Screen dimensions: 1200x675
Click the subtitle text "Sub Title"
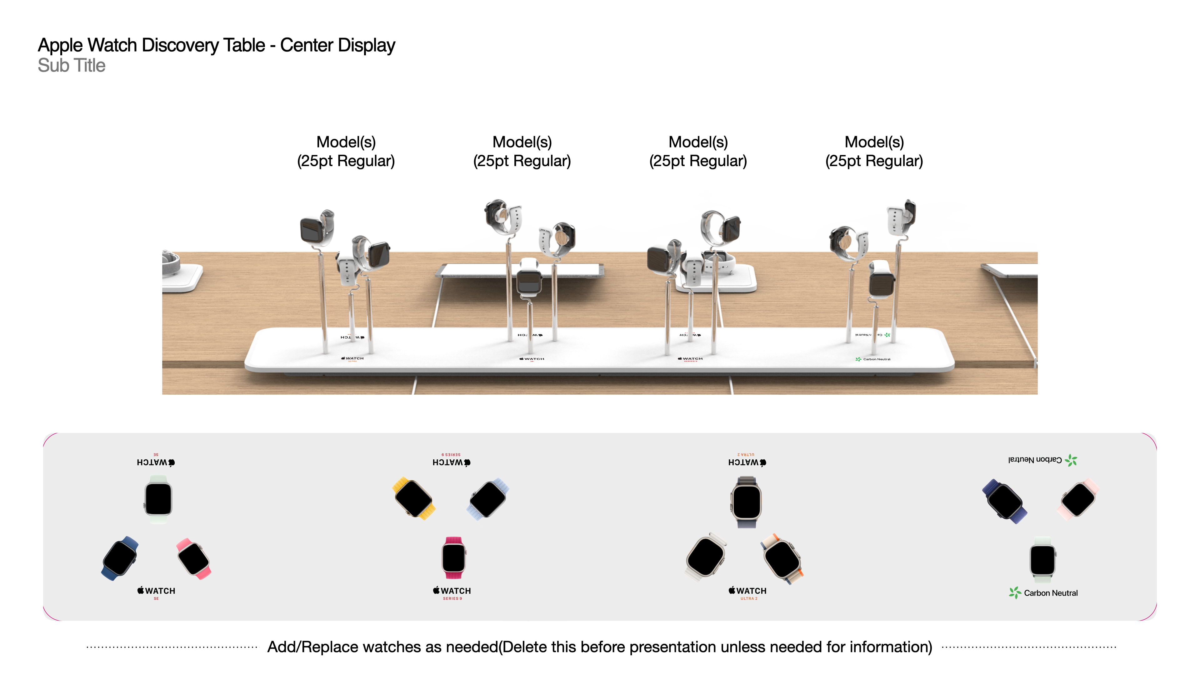(71, 66)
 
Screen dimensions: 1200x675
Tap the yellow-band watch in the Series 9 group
(414, 498)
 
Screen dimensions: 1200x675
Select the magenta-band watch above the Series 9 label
(453, 557)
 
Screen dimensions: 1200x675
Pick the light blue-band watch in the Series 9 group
(488, 498)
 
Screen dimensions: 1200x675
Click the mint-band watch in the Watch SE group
(158, 499)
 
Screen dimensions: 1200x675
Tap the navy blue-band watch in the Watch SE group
(120, 558)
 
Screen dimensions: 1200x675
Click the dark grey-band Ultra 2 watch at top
(746, 502)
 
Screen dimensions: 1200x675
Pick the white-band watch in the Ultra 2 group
(706, 557)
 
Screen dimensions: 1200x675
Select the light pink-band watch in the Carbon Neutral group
(1078, 499)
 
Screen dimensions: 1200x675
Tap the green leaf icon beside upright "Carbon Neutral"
(1015, 592)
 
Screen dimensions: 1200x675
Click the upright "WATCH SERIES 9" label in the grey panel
(452, 592)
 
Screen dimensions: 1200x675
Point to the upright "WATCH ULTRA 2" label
(748, 592)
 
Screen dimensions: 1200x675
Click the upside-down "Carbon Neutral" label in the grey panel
(1035, 460)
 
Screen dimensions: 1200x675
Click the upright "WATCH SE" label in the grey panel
(157, 592)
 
